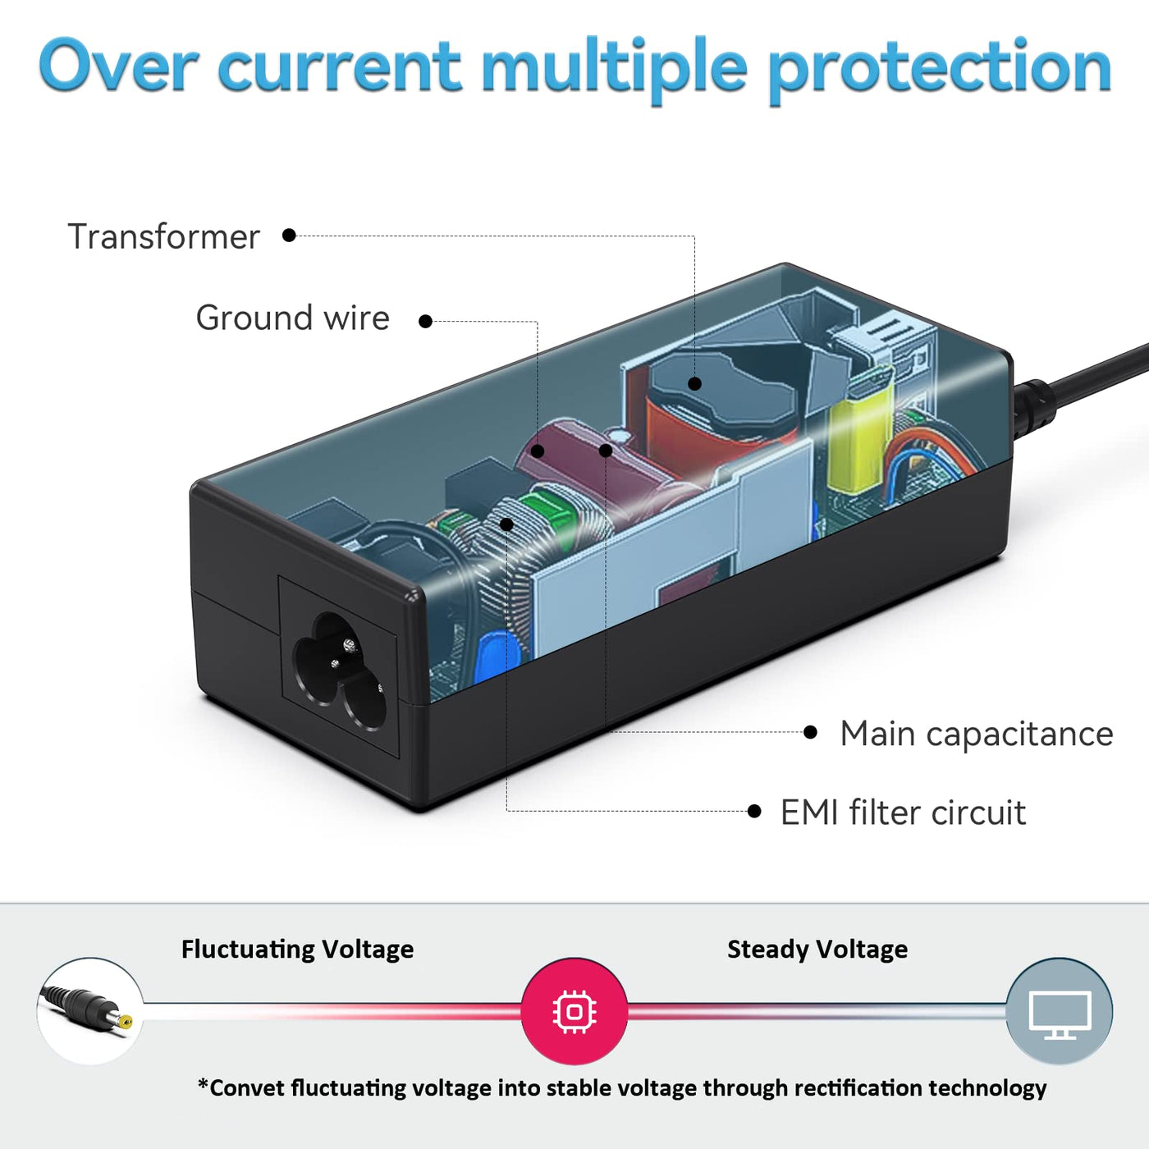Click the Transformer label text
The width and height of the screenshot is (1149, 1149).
tap(163, 236)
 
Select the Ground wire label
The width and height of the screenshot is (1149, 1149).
tap(292, 318)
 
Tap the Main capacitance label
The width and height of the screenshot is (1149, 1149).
tap(976, 734)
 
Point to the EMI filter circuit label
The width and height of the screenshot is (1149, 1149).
tap(903, 813)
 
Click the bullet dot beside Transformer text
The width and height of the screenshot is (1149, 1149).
tap(289, 236)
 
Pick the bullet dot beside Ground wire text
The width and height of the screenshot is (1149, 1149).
tap(425, 322)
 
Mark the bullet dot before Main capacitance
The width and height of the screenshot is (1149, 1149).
tap(811, 732)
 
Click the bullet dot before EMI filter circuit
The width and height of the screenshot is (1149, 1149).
tap(754, 812)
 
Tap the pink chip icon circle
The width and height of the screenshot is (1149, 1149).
tap(574, 1011)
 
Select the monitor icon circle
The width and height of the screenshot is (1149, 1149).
tap(1060, 1011)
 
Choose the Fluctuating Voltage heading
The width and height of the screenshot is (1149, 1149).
tap(297, 950)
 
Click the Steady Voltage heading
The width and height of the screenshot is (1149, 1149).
tap(817, 950)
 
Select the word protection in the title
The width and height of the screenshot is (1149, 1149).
tap(939, 67)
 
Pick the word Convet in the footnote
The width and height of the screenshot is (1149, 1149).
tap(246, 1088)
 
